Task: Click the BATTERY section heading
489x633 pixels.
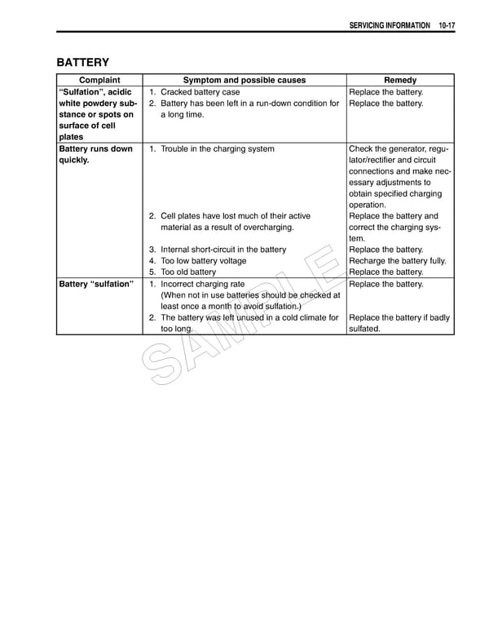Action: tap(82, 62)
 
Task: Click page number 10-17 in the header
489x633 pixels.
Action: tap(446, 26)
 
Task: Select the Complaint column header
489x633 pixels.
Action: tap(99, 80)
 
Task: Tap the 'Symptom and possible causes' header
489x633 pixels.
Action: tap(244, 80)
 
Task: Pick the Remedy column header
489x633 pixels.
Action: tap(399, 80)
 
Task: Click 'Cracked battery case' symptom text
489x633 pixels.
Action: tap(200, 92)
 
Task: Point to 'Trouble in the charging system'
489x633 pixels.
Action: tap(217, 149)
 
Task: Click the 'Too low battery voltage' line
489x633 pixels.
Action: tap(203, 261)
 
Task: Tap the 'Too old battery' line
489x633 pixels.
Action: tap(188, 272)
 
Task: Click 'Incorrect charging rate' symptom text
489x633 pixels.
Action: tap(202, 284)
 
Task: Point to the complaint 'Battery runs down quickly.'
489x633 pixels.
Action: tap(95, 155)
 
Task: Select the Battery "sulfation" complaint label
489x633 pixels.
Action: tap(95, 284)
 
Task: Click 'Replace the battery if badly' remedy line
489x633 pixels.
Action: tap(399, 317)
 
